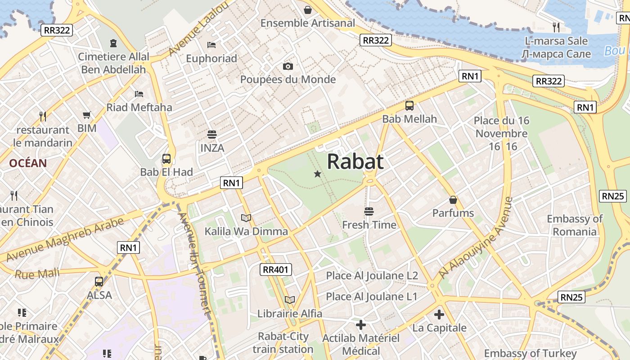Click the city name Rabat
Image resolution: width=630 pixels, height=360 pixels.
click(x=355, y=162)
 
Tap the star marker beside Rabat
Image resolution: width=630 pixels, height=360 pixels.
click(x=317, y=174)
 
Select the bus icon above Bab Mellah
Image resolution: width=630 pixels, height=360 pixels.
click(x=409, y=106)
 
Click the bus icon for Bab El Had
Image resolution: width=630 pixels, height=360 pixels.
click(x=166, y=159)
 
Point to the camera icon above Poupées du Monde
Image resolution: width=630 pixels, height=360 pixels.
click(x=288, y=67)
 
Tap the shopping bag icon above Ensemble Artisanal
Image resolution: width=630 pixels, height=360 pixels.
click(x=308, y=10)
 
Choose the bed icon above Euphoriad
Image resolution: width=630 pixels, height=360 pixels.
click(x=211, y=45)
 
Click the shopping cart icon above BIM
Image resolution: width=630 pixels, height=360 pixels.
click(x=87, y=115)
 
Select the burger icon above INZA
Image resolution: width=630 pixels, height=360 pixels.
click(x=212, y=135)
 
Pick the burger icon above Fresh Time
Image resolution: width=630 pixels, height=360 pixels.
click(x=369, y=211)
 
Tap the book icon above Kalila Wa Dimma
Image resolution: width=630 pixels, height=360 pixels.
click(x=246, y=218)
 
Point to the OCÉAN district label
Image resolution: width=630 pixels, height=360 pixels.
click(x=28, y=163)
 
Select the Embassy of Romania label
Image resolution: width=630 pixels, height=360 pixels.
click(x=575, y=225)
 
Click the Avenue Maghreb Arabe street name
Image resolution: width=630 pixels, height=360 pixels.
click(x=66, y=240)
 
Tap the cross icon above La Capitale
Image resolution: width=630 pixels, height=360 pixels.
click(x=439, y=315)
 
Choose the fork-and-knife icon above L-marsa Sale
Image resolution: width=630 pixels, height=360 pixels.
click(x=556, y=27)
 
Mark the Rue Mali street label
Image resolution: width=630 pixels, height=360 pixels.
click(x=37, y=274)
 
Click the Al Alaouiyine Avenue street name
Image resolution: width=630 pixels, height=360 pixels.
click(x=476, y=238)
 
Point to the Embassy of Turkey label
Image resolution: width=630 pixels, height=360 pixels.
click(x=530, y=353)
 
